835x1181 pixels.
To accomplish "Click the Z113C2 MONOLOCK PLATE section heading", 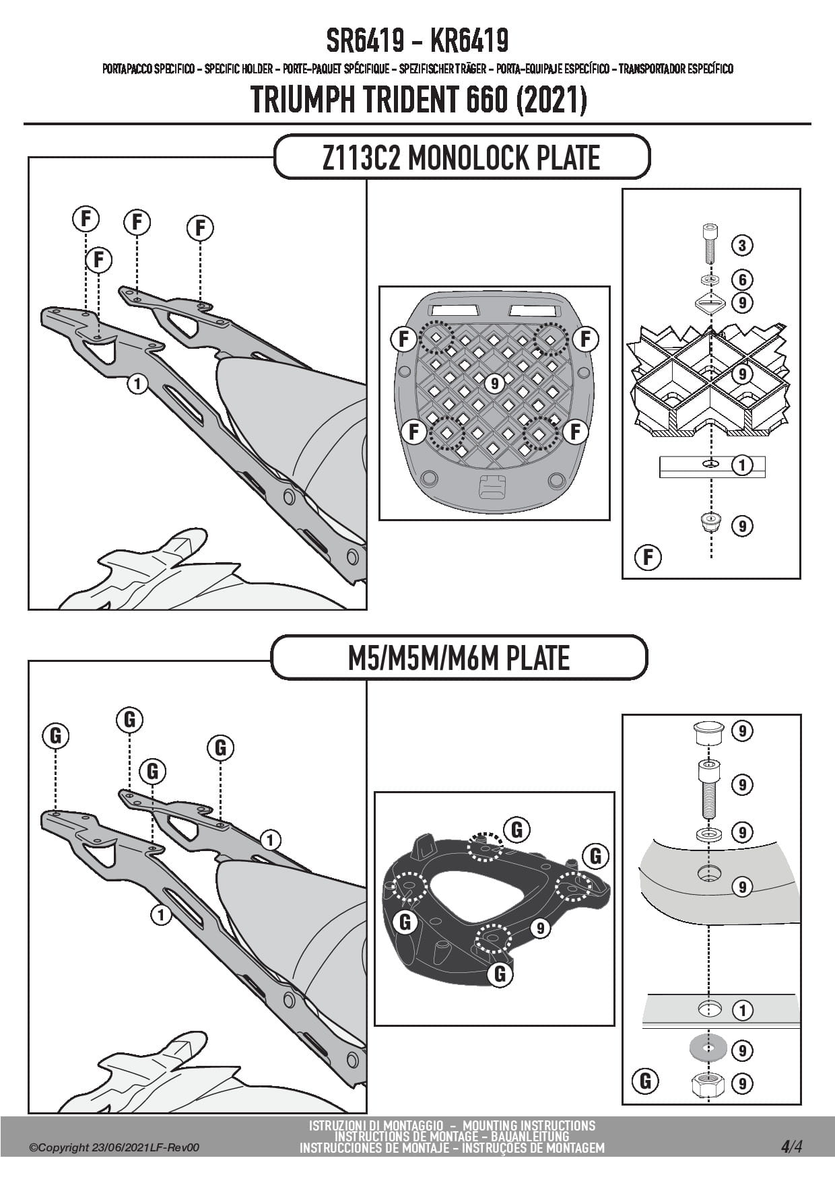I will pyautogui.click(x=461, y=158).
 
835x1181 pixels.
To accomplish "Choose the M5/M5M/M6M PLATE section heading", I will pyautogui.click(x=459, y=658).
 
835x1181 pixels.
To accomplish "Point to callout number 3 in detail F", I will pyautogui.click(x=741, y=245).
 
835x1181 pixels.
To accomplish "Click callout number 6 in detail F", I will pyautogui.click(x=741, y=279).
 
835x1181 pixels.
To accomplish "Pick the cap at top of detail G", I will pyautogui.click(x=706, y=731).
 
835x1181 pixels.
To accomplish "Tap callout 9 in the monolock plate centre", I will pyautogui.click(x=494, y=383).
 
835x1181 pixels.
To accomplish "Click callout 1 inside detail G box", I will pyautogui.click(x=741, y=1010).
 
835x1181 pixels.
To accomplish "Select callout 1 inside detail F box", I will pyautogui.click(x=741, y=465).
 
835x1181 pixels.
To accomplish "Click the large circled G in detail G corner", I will pyautogui.click(x=645, y=1081).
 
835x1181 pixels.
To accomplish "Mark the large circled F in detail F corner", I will pyautogui.click(x=648, y=558).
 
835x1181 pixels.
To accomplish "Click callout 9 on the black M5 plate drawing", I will pyautogui.click(x=540, y=929).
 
